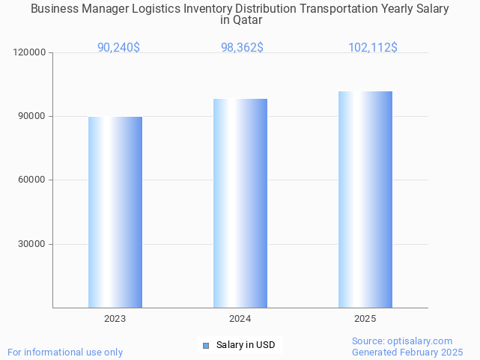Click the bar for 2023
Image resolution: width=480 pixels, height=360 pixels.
tap(115, 212)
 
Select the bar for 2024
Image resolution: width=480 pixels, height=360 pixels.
tap(240, 203)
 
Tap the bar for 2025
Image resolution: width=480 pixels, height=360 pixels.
tap(365, 199)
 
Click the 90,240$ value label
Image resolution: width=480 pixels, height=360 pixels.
tap(118, 47)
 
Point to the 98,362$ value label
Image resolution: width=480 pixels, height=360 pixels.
tap(242, 47)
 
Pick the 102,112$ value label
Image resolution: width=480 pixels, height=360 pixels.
tap(372, 47)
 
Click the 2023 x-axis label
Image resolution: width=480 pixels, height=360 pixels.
tap(115, 319)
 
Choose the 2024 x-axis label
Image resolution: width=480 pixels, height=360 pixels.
tap(240, 319)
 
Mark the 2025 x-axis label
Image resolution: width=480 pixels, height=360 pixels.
tap(365, 319)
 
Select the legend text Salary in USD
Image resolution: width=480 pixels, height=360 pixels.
tap(246, 345)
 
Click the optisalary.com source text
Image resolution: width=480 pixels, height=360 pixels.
tap(402, 341)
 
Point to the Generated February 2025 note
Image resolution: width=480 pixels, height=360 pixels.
tap(407, 352)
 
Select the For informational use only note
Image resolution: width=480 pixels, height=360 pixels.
tap(65, 352)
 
